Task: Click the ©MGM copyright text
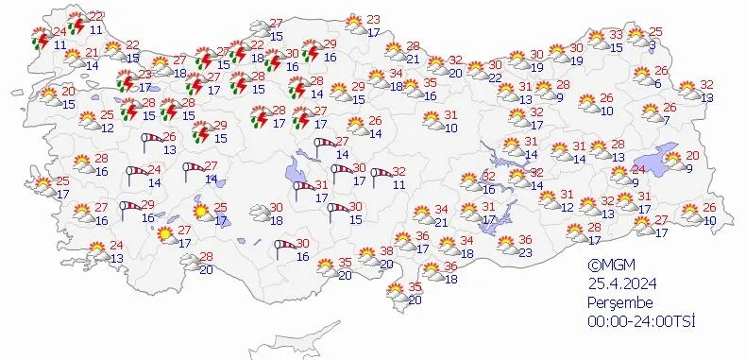click(x=607, y=266)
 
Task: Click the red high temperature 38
click(x=386, y=251)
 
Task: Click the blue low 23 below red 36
click(x=525, y=252)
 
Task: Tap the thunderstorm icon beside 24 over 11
click(x=40, y=39)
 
